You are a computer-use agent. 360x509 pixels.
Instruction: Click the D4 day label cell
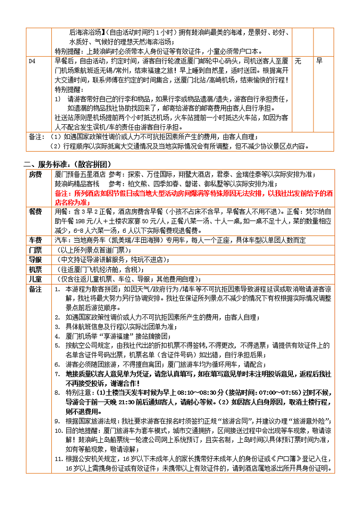pos(32,61)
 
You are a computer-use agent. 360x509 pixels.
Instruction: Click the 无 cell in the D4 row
pos(298,61)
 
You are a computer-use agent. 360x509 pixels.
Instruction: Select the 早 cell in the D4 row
pos(320,61)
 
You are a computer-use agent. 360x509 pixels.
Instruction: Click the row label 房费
pos(36,174)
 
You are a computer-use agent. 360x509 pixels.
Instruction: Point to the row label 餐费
pos(36,212)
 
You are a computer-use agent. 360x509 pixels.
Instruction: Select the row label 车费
pos(36,240)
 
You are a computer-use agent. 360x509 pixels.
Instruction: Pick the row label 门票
pos(36,250)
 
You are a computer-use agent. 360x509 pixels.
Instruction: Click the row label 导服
pos(36,260)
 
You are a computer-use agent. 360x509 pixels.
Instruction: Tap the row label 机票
pos(36,270)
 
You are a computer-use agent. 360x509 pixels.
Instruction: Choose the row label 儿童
pos(36,279)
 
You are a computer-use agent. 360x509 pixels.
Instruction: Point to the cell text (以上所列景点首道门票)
pos(91,250)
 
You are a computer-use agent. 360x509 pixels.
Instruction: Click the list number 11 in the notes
pos(57,459)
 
